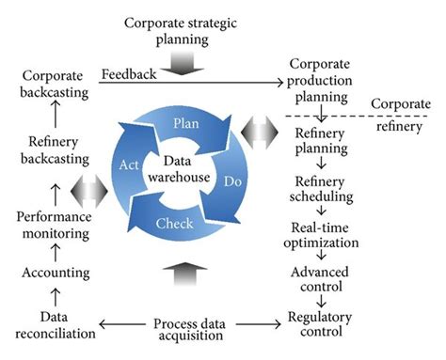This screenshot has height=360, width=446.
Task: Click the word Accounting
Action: (53, 273)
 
